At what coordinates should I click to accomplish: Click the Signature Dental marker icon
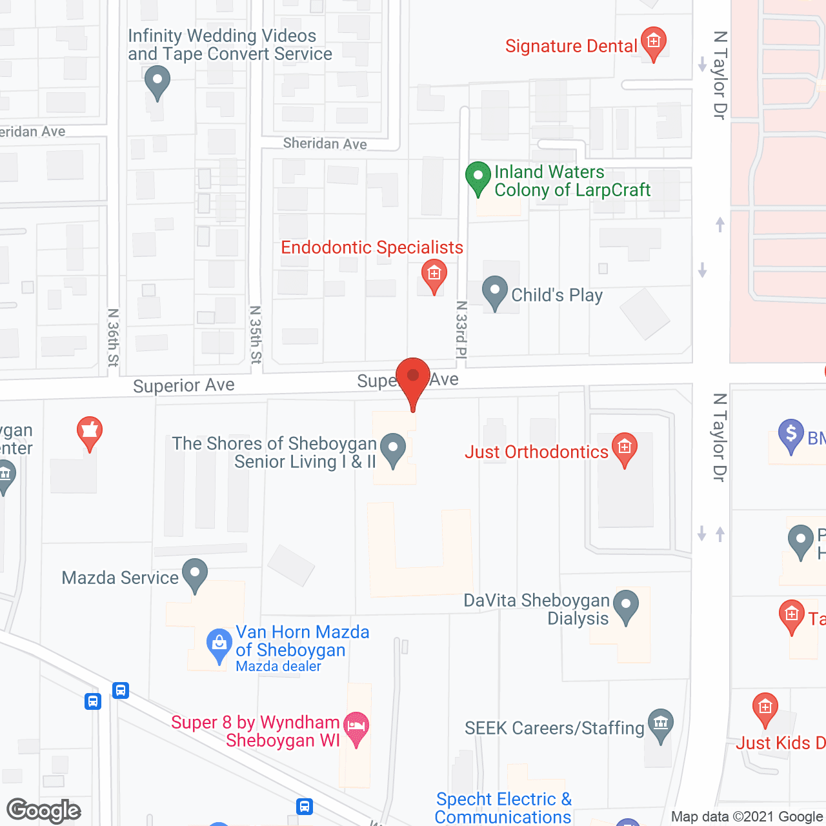(x=653, y=43)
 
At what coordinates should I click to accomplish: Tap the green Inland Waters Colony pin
(x=478, y=177)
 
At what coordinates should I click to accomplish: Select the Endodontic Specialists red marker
(x=434, y=275)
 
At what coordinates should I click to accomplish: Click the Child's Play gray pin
(x=495, y=292)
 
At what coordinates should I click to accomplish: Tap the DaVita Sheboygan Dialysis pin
(x=625, y=606)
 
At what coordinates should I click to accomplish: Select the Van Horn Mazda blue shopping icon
(x=219, y=644)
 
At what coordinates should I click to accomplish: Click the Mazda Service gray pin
(x=194, y=574)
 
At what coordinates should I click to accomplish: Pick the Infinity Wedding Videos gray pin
(x=157, y=82)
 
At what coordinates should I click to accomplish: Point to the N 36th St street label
(x=114, y=337)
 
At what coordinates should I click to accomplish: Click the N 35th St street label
(x=256, y=335)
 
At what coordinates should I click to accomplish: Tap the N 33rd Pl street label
(x=461, y=329)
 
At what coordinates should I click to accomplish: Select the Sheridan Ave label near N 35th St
(x=325, y=143)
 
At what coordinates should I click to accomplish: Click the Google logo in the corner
(x=43, y=811)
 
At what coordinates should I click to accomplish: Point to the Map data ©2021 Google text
(x=747, y=817)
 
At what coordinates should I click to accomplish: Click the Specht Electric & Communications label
(x=503, y=808)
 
